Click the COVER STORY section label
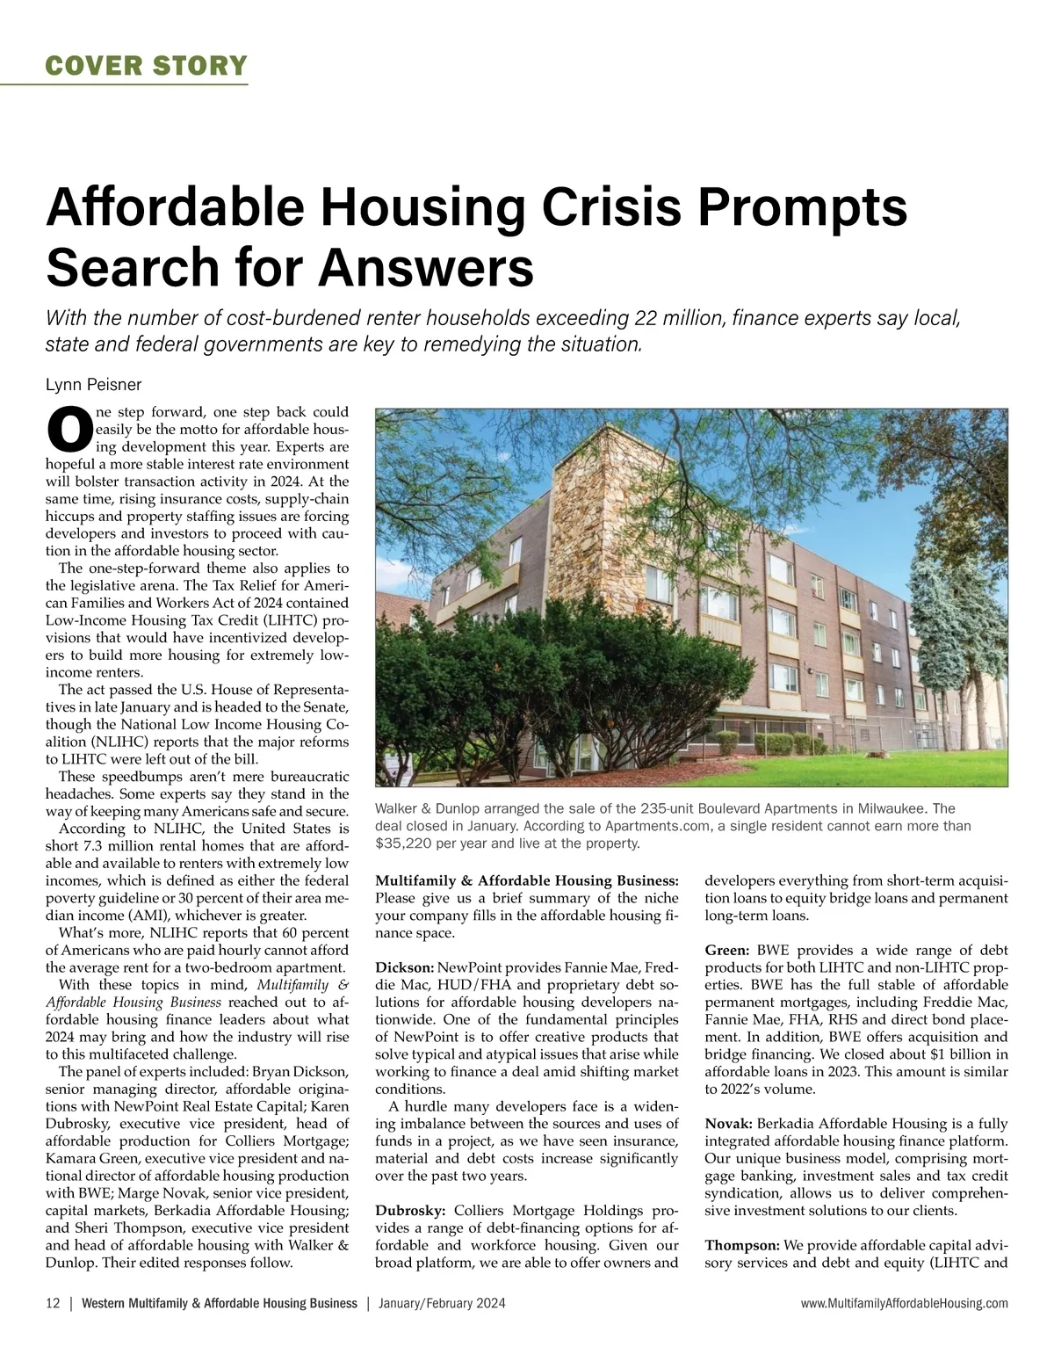[146, 65]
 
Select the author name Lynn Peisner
[93, 385]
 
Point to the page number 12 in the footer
[53, 1304]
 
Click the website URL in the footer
[905, 1304]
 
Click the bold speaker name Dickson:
[405, 967]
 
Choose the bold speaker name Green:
[726, 950]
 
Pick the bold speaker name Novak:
[728, 1124]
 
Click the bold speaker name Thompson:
[741, 1245]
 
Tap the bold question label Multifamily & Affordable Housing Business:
[526, 880]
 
